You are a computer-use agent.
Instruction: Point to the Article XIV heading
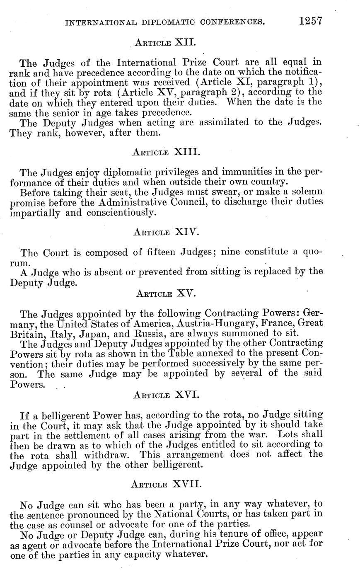[x=166, y=232]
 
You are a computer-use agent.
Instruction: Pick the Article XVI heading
[x=166, y=395]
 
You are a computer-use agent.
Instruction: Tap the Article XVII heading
[x=166, y=484]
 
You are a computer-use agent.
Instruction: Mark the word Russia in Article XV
[x=138, y=333]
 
